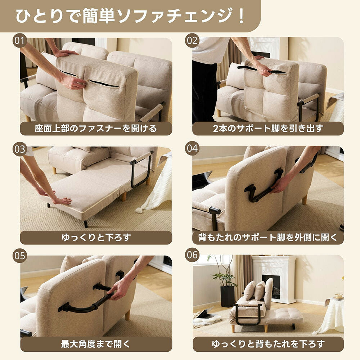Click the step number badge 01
point(20,40)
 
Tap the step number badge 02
point(192,40)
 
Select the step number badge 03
point(20,149)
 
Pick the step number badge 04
point(192,149)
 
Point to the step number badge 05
point(20,256)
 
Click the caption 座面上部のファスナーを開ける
point(96,129)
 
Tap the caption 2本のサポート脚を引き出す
point(268,129)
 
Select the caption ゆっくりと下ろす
point(96,237)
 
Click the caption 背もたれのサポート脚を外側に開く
point(268,237)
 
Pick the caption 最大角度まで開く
point(96,344)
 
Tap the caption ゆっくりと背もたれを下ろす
point(268,344)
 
